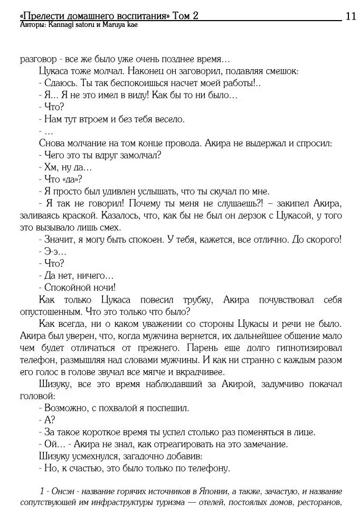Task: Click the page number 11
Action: pyautogui.click(x=350, y=16)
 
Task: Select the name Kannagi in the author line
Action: pyautogui.click(x=62, y=25)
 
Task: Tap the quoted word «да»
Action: pyautogui.click(x=73, y=179)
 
